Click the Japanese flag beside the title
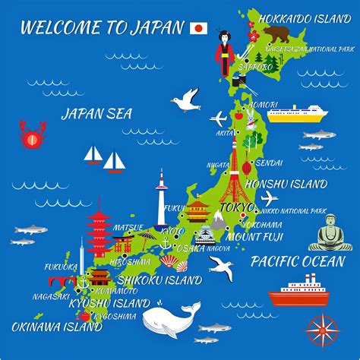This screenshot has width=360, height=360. [x=197, y=29]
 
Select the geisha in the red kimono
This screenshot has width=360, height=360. [x=224, y=53]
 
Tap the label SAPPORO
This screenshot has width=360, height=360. [x=253, y=68]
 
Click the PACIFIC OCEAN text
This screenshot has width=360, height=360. [x=298, y=261]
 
